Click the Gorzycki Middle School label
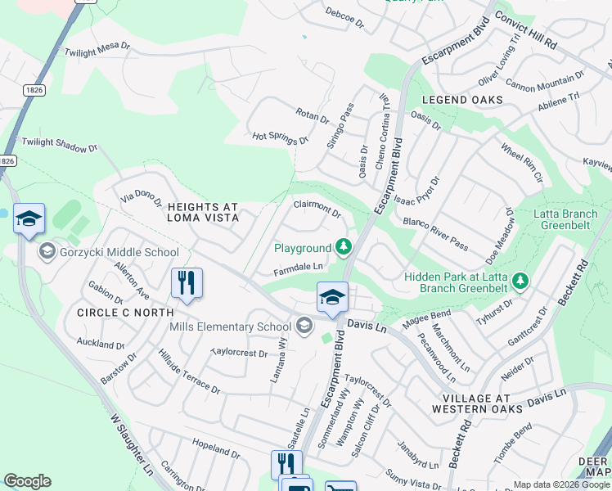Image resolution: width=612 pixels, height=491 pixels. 119,252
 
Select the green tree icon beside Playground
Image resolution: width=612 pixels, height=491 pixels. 344,246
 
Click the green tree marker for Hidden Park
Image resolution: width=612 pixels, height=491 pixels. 519,283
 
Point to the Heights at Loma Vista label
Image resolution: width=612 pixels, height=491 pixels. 202,212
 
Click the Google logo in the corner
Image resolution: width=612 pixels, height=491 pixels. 27,481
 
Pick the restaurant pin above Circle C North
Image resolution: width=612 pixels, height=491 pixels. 187,283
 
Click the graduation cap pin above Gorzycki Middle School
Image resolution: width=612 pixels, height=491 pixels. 29,218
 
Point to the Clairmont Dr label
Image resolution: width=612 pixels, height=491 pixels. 317,209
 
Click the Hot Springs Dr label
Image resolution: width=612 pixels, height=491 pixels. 280,137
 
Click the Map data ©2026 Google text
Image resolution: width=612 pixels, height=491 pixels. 561,484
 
